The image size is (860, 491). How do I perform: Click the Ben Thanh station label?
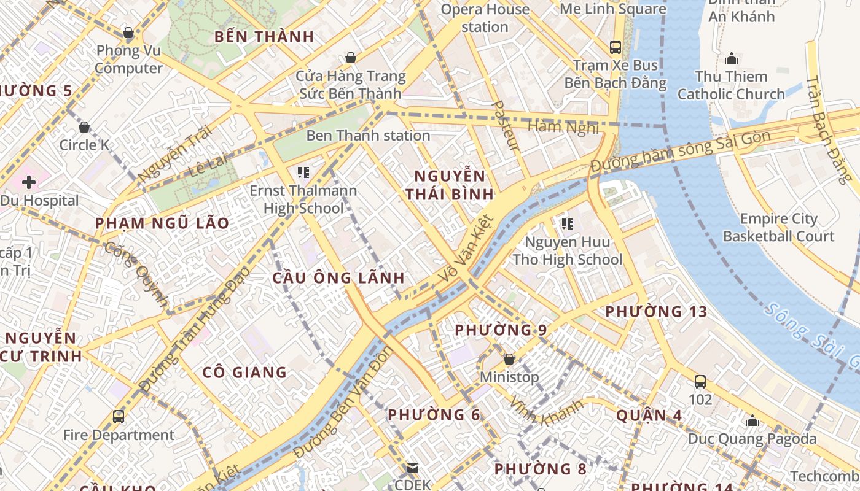[x=368, y=135]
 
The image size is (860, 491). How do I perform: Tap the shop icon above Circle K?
[x=84, y=127]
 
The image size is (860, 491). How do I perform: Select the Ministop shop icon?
[x=509, y=359]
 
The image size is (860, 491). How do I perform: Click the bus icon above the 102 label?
[x=700, y=382]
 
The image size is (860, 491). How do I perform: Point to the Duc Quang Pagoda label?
[x=752, y=439]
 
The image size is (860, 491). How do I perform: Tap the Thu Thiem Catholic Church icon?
[x=731, y=59]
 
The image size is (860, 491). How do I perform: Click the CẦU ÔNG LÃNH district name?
[x=338, y=277]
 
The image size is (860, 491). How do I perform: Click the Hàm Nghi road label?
[x=563, y=128]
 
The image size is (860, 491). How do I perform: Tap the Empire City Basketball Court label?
[x=778, y=228]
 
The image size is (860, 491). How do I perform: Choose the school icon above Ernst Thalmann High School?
[x=303, y=172]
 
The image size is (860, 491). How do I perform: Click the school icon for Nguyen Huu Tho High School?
[x=567, y=225]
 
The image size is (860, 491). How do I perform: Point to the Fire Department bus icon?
[x=119, y=417]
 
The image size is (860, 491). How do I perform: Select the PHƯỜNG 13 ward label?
[x=656, y=312]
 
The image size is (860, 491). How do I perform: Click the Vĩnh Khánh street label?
[x=546, y=412]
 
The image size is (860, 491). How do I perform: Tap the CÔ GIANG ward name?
[x=244, y=372]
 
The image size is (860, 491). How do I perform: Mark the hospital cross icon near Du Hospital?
[x=29, y=182]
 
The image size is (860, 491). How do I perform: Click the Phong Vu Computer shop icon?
[x=128, y=33]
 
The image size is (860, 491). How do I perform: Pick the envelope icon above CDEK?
[x=413, y=468]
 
